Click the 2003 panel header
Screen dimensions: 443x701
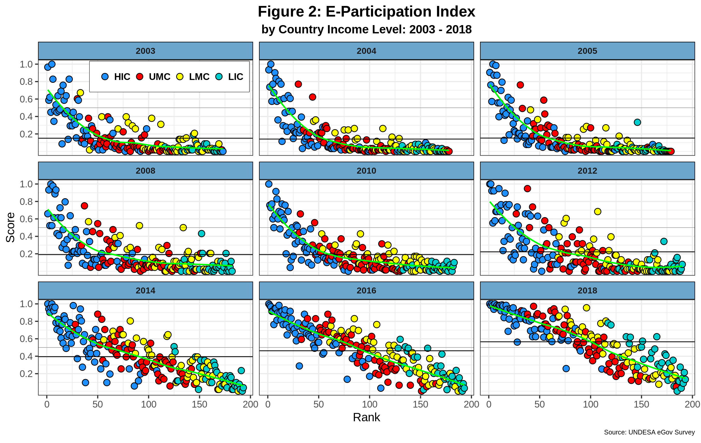tap(145, 51)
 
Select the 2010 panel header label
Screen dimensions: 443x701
tap(366, 171)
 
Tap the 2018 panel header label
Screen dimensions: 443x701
tap(587, 291)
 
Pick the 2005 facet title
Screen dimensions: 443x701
tap(587, 51)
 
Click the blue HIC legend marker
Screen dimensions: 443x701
tap(105, 77)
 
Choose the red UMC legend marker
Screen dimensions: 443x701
tap(140, 77)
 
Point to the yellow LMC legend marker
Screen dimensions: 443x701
tap(180, 77)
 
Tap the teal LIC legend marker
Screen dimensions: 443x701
tap(219, 77)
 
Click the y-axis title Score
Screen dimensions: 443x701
tap(10, 227)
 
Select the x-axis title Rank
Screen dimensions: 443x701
tap(366, 417)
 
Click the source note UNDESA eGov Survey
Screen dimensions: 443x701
tap(649, 432)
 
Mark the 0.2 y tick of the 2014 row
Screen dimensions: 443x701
tap(26, 374)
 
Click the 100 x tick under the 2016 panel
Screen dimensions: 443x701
tap(369, 404)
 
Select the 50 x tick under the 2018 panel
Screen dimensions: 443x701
tap(539, 404)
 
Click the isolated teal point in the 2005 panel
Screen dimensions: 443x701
tap(637, 122)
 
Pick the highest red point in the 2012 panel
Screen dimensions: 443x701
tap(527, 188)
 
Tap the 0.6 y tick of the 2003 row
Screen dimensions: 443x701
tap(26, 99)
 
